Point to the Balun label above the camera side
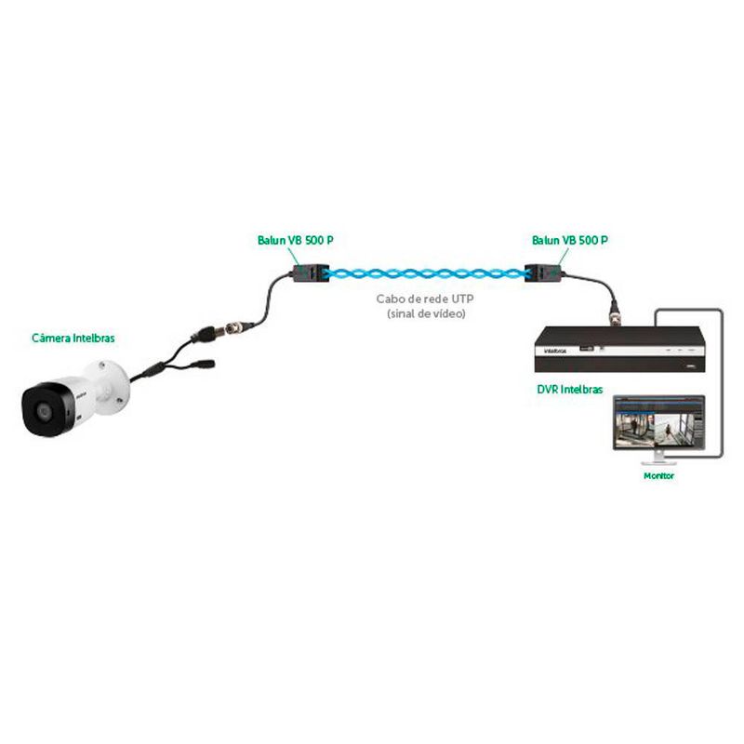[295, 240]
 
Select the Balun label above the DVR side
[569, 240]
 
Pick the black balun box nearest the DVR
[539, 272]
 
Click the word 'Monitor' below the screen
[658, 475]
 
